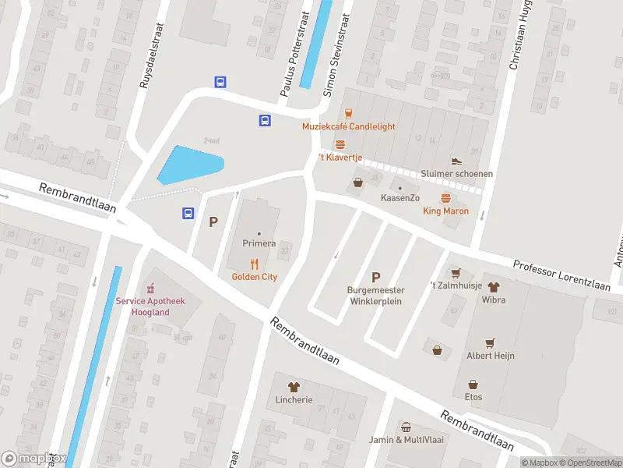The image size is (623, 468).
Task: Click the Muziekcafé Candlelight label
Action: pos(349,126)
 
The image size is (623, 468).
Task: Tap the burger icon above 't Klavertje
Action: pos(340,145)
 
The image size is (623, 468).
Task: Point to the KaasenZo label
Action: pos(400,198)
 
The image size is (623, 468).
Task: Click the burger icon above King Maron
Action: pos(445,198)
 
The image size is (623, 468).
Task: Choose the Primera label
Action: pos(259,243)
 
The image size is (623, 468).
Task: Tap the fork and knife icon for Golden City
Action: pos(254,264)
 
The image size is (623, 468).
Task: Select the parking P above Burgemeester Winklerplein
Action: pos(376,277)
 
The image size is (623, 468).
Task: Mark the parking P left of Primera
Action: pos(213,222)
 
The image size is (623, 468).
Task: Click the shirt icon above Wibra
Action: pos(493,286)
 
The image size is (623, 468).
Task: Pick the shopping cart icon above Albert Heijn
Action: pos(490,342)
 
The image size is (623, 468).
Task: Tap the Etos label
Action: pos(473,397)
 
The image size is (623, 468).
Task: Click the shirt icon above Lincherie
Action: pos(294,387)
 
